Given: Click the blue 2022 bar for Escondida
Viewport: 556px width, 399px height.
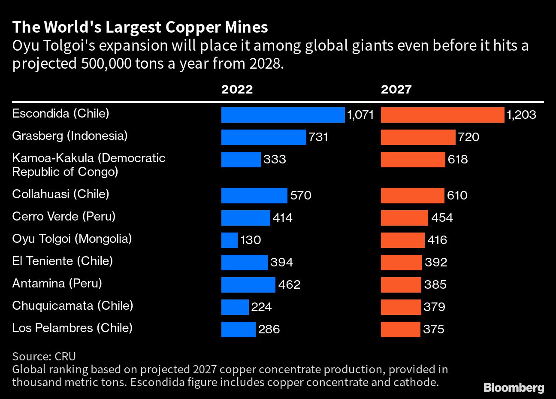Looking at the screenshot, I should coord(283,115).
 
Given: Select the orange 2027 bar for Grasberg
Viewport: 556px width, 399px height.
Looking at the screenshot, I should coord(418,137).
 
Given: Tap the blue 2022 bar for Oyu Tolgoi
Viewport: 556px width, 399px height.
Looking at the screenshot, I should coord(230,240).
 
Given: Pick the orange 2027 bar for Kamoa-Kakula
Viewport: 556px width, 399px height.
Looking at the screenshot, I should coord(413,160).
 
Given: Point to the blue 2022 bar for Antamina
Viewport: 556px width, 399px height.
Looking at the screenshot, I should coord(248,284).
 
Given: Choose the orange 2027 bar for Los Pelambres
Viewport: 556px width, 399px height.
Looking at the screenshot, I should coord(400,329).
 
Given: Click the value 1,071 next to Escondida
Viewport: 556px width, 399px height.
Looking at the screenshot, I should coord(361,115).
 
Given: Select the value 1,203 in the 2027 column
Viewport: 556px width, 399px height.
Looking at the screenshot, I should coord(521,115).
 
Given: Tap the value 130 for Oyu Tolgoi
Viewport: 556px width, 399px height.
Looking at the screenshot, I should coord(251,240).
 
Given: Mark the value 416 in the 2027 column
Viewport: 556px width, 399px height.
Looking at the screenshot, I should coord(437,240).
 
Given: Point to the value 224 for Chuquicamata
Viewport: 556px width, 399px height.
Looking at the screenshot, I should coord(262,307).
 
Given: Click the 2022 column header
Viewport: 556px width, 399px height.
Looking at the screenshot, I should coord(237,89).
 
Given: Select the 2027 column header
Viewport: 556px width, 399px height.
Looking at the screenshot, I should coord(396,89).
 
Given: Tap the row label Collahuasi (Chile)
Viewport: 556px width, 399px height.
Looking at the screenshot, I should coord(60,194).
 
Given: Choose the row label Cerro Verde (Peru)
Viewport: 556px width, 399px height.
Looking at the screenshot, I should coord(64,216).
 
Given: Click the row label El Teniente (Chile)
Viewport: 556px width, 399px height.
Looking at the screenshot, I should coord(62,261).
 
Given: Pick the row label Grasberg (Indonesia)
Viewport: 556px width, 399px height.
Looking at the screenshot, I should coord(70,136).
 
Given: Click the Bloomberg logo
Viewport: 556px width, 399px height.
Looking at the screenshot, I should coord(514,388).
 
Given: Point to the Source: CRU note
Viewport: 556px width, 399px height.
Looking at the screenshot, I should coord(44,356).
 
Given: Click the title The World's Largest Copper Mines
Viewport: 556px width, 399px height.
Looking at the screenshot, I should coord(140,27).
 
